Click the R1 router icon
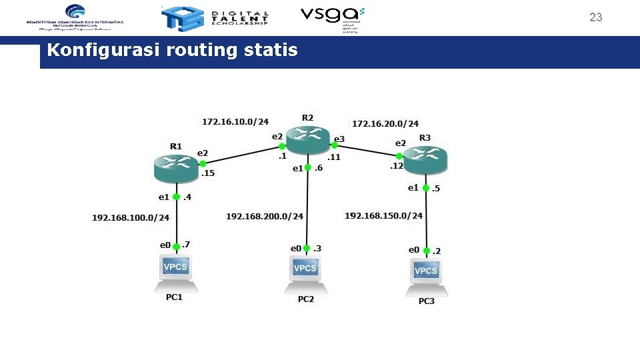click(176, 166)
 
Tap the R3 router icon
click(425, 158)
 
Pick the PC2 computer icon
click(305, 273)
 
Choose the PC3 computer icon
click(426, 276)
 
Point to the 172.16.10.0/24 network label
click(235, 122)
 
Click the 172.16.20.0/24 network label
click(385, 123)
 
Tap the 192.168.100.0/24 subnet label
click(131, 217)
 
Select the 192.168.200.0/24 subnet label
click(265, 216)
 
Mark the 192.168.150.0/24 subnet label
click(384, 215)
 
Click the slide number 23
click(595, 18)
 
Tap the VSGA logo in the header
click(332, 19)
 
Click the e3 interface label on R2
click(339, 139)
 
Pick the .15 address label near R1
click(208, 173)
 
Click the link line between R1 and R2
click(242, 154)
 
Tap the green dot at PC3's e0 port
click(426, 250)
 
